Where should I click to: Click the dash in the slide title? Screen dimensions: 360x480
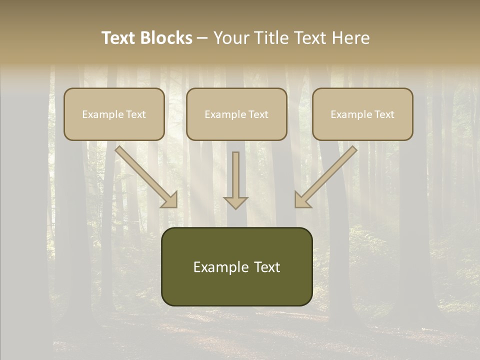pos(203,38)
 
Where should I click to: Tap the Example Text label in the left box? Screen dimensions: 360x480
pos(114,114)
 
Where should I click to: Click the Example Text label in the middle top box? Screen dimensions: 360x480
pos(236,114)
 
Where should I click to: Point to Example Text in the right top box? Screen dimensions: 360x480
pos(362,114)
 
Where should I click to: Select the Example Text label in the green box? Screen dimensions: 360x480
pos(237,267)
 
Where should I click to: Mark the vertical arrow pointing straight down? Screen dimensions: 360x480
pos(235,175)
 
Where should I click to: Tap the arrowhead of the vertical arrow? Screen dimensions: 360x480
pos(235,202)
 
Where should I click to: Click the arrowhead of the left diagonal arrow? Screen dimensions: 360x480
pos(170,200)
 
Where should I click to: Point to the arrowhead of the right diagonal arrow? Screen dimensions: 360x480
pos(302,200)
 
